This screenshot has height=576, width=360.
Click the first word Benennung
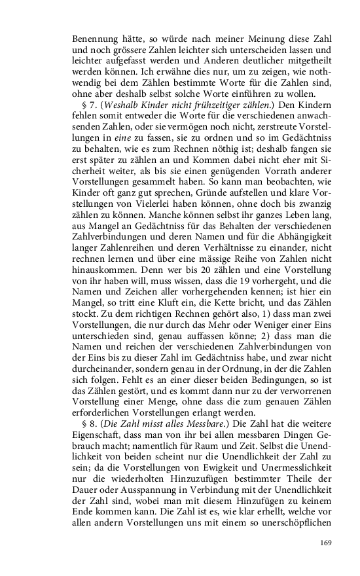pyautogui.click(x=96, y=38)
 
